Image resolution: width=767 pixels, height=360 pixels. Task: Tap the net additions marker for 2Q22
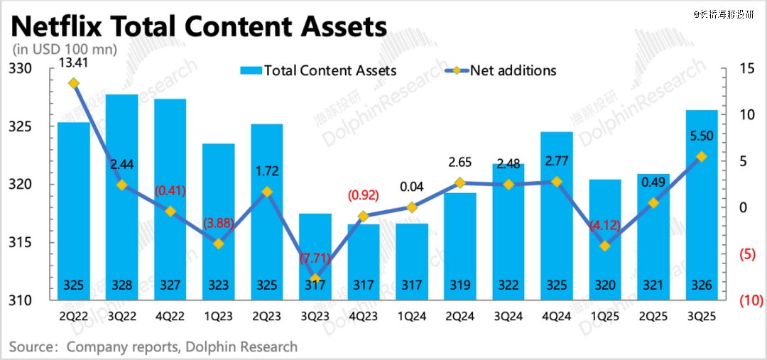73,83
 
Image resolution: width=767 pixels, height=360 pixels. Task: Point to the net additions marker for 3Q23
315,278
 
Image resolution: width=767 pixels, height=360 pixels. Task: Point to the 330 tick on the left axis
23,69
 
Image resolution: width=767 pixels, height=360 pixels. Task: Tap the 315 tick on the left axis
23,243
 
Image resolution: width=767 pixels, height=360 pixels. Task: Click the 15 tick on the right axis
745,69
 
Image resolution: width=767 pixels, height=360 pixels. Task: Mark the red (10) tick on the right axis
749,301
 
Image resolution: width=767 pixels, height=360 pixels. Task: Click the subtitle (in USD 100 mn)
65,50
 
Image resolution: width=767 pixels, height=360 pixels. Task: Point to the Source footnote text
153,347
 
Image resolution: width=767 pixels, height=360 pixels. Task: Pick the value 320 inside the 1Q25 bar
605,286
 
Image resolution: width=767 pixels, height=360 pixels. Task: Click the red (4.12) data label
605,226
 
